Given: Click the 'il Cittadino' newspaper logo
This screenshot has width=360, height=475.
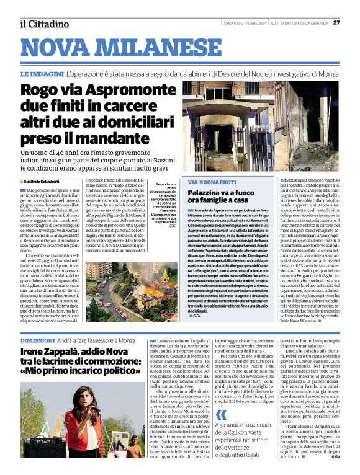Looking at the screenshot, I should (43, 24).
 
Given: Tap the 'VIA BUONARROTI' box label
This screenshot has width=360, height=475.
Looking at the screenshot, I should (212, 182).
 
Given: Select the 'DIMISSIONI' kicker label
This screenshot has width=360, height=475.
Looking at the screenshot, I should (38, 341).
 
